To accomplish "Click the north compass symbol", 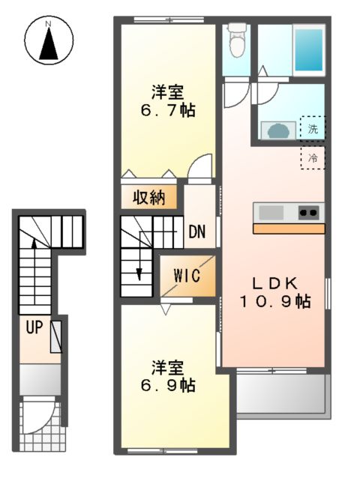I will coord(49,41).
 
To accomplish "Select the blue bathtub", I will coord(307,49).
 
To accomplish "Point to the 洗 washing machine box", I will coord(313,128).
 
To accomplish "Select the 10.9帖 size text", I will coord(275,302).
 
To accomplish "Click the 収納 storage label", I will coord(149,198).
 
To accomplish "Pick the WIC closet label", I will coord(187,275).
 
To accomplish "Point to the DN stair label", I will coord(197,232).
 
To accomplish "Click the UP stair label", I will coord(34,327).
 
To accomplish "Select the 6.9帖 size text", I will coord(168,385).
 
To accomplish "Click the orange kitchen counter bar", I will coord(288,229).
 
